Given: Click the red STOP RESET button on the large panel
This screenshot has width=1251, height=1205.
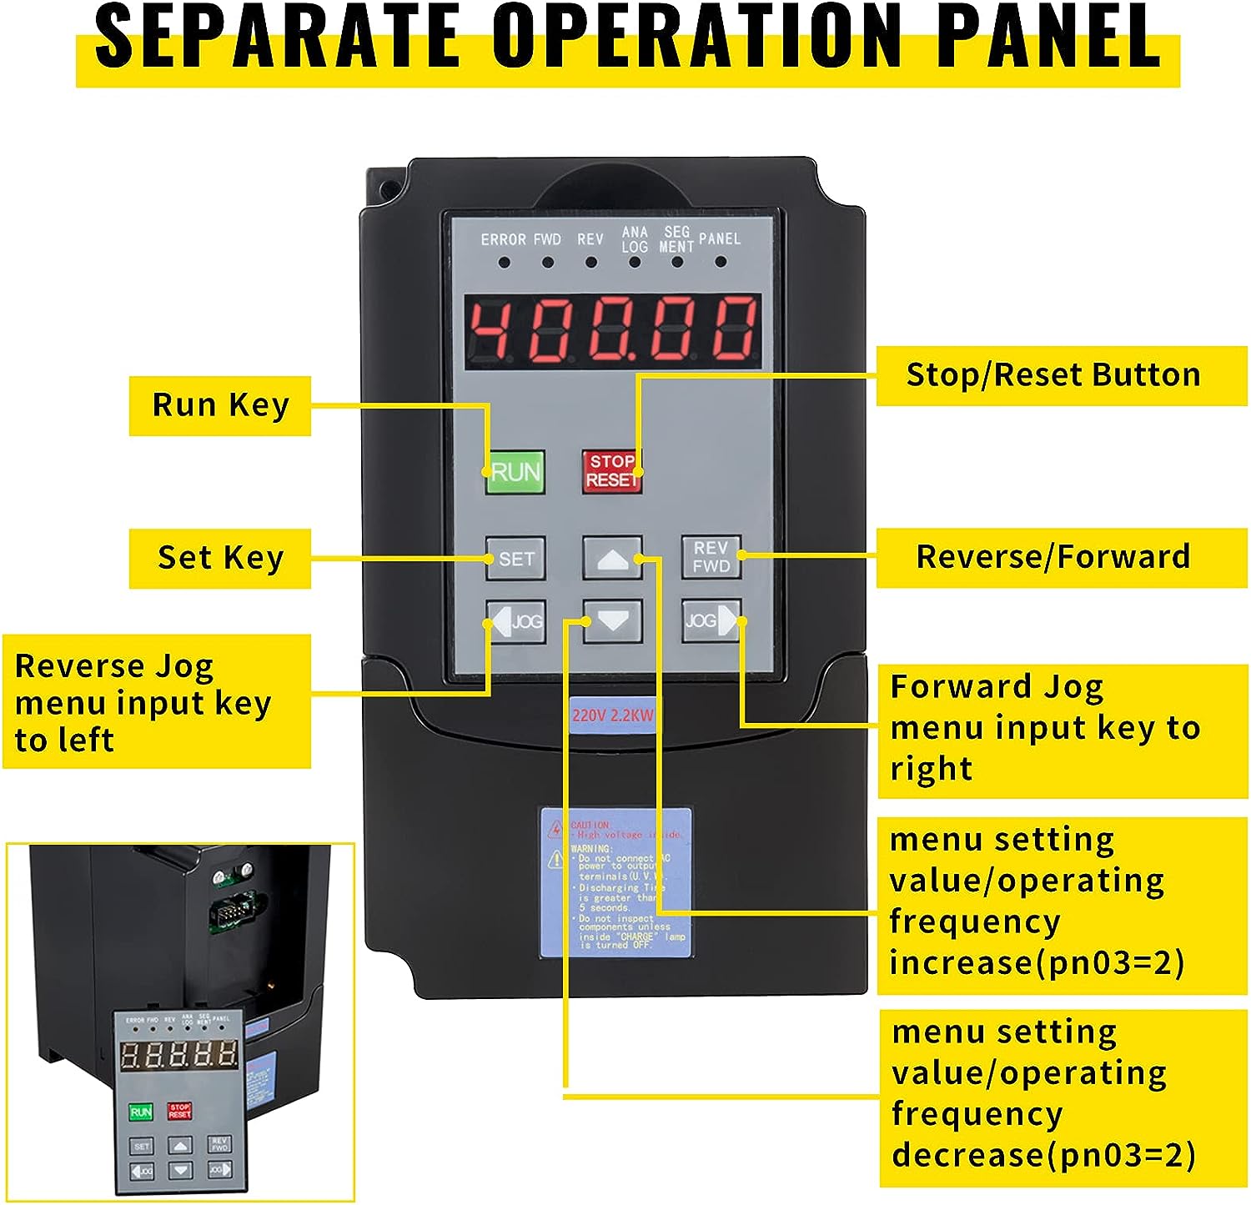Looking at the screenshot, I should pyautogui.click(x=611, y=472).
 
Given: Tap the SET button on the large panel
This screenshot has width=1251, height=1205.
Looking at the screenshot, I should pyautogui.click(x=515, y=559).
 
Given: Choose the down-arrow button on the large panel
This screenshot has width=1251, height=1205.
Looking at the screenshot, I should pyautogui.click(x=611, y=621).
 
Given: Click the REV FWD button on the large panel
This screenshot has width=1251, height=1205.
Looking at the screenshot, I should pyautogui.click(x=711, y=557).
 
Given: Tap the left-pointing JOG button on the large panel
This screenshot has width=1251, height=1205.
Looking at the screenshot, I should pyautogui.click(x=516, y=621).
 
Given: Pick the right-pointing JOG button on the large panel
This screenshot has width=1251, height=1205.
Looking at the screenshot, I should pyautogui.click(x=711, y=621).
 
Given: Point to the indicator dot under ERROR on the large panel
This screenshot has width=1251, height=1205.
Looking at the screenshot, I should pyautogui.click(x=504, y=263).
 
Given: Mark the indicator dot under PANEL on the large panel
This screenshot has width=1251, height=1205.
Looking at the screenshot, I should pyautogui.click(x=721, y=262).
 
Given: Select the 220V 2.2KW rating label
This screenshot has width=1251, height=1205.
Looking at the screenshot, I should pyautogui.click(x=612, y=715).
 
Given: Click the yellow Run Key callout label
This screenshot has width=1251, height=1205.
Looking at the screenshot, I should pyautogui.click(x=220, y=405).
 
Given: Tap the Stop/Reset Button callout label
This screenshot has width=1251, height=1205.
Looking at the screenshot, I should pyautogui.click(x=1053, y=375).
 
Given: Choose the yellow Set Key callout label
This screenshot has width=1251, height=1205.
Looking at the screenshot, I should pyautogui.click(x=220, y=558).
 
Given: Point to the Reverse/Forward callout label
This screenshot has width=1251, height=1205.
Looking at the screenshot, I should pyautogui.click(x=1053, y=557).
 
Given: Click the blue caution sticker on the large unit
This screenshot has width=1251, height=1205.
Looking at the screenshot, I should pyautogui.click(x=615, y=882).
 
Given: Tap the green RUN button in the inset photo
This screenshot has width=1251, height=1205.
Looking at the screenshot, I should pyautogui.click(x=140, y=1112).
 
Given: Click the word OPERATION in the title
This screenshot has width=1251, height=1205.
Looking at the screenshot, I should pyautogui.click(x=696, y=38).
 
